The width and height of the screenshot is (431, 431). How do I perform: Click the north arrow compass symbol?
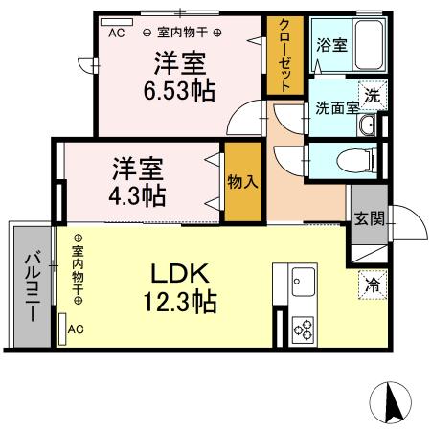395,401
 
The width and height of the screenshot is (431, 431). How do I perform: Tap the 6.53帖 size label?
179,90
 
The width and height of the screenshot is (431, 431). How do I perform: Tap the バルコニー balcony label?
31,285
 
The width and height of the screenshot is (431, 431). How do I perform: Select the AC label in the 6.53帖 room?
117,33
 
